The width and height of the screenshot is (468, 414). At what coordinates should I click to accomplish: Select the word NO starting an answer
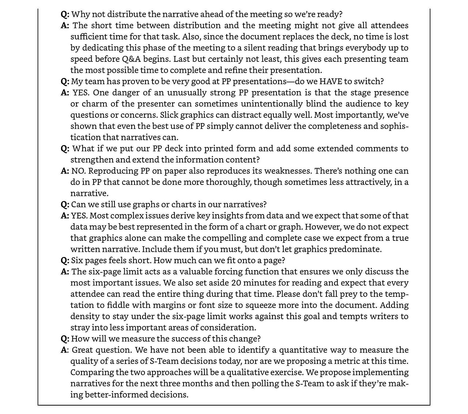pos(78,171)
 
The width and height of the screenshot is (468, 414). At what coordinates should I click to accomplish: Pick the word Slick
pos(170,115)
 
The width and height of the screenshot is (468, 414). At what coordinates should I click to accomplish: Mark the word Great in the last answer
pos(83,350)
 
